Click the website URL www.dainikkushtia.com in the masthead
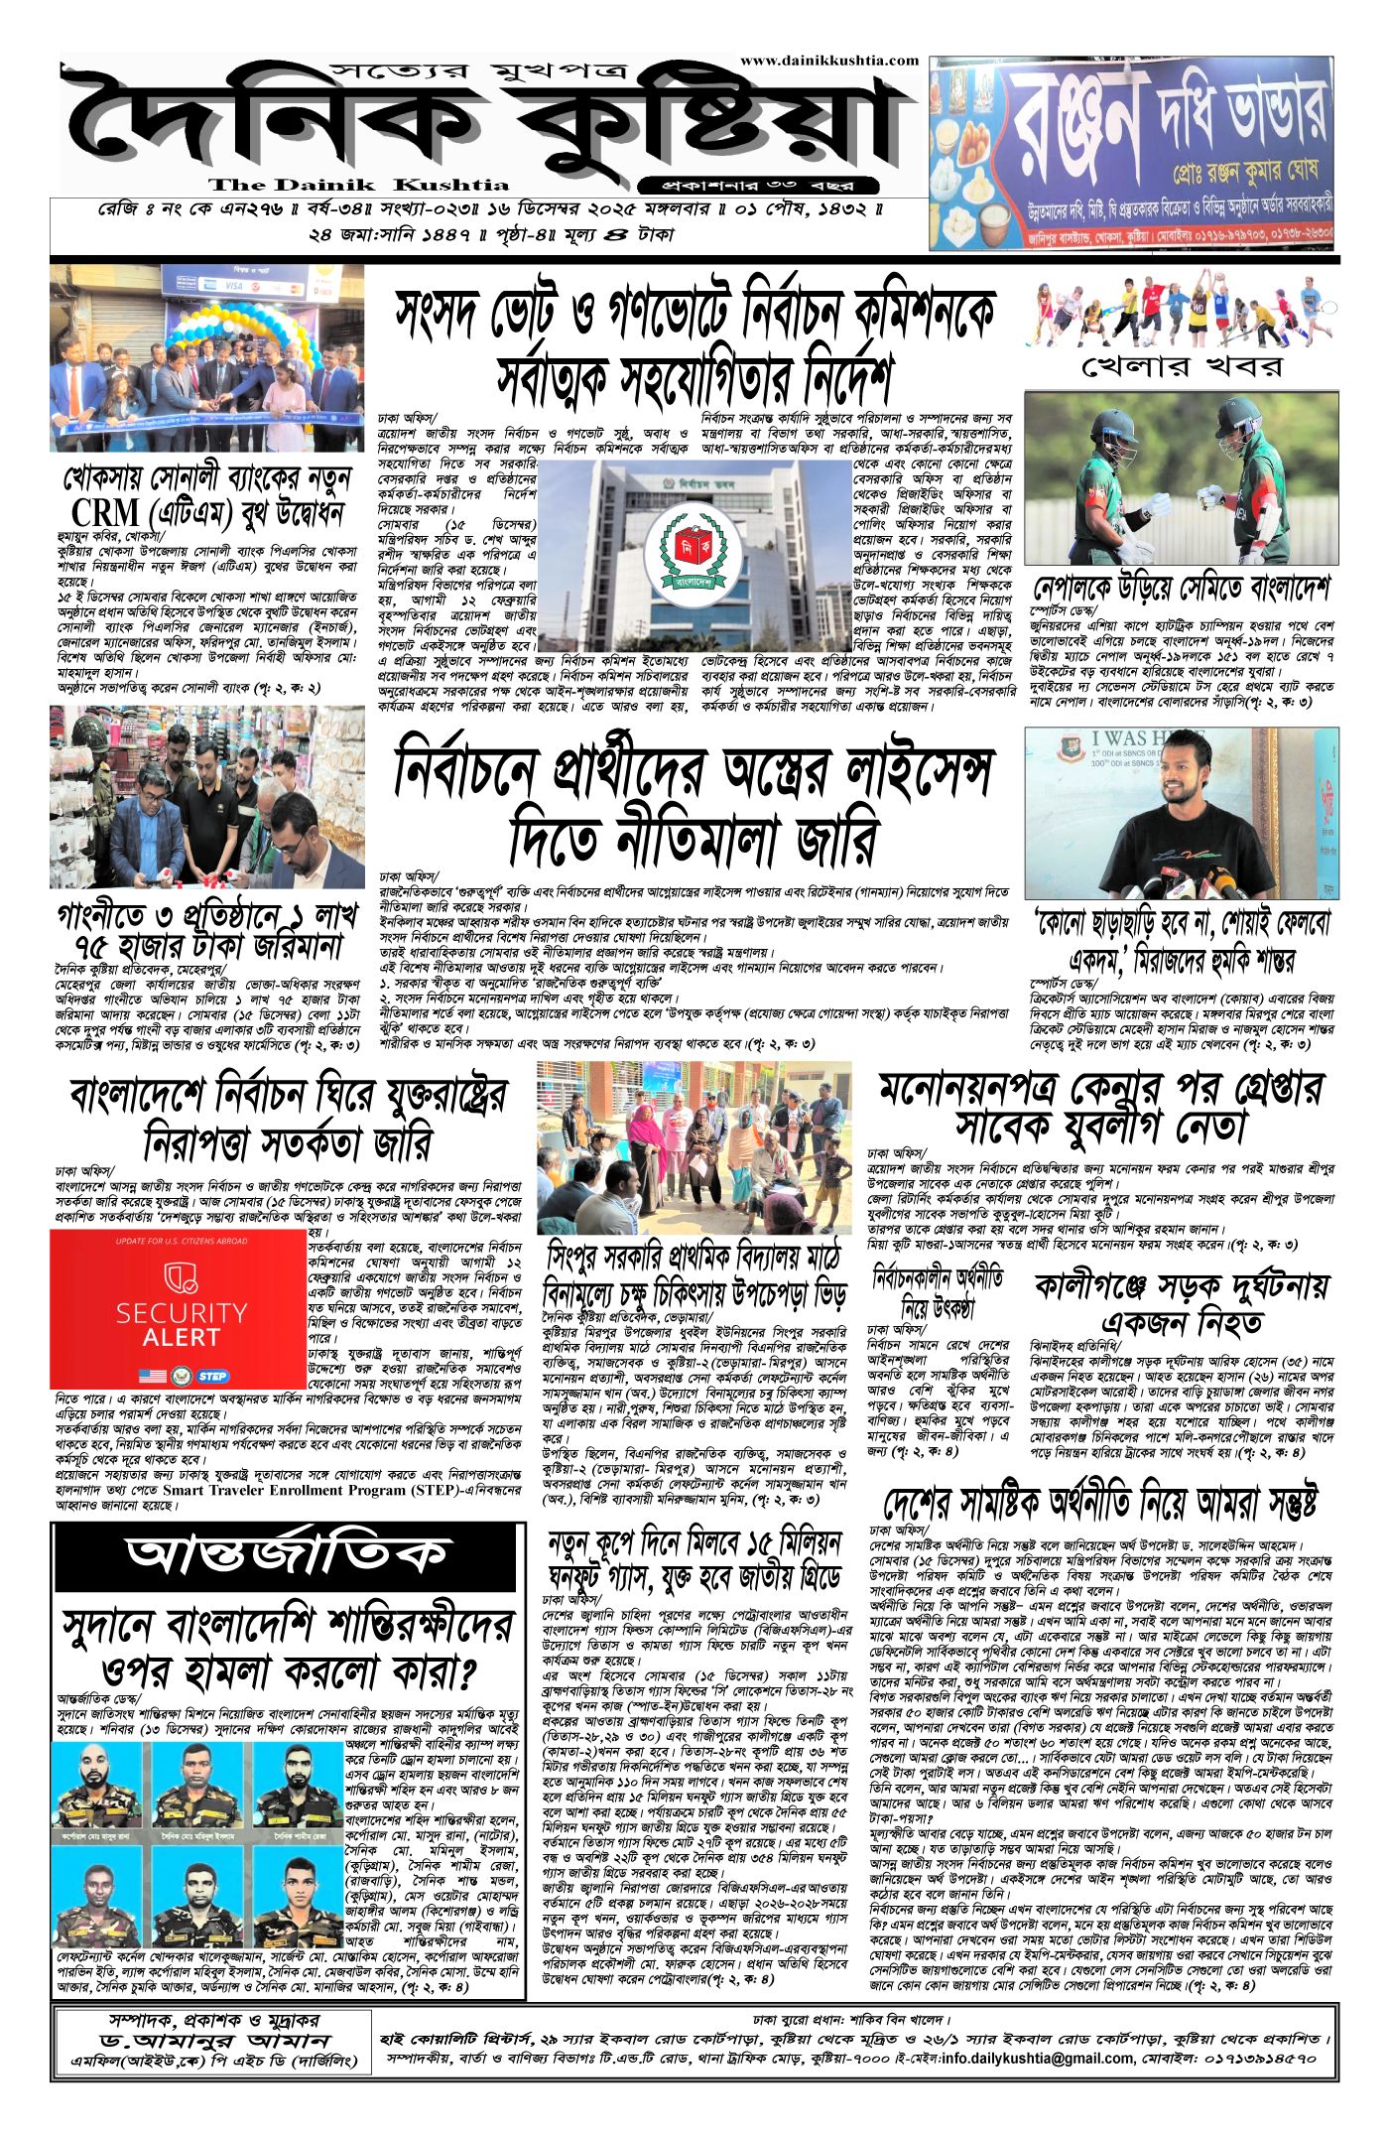point(828,61)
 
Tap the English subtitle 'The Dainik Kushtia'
point(358,186)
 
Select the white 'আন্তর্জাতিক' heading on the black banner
point(287,1555)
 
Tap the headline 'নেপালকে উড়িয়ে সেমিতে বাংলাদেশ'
point(1181,588)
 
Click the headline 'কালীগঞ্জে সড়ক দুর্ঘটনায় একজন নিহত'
point(1181,1304)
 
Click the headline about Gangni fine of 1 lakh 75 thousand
point(207,928)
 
